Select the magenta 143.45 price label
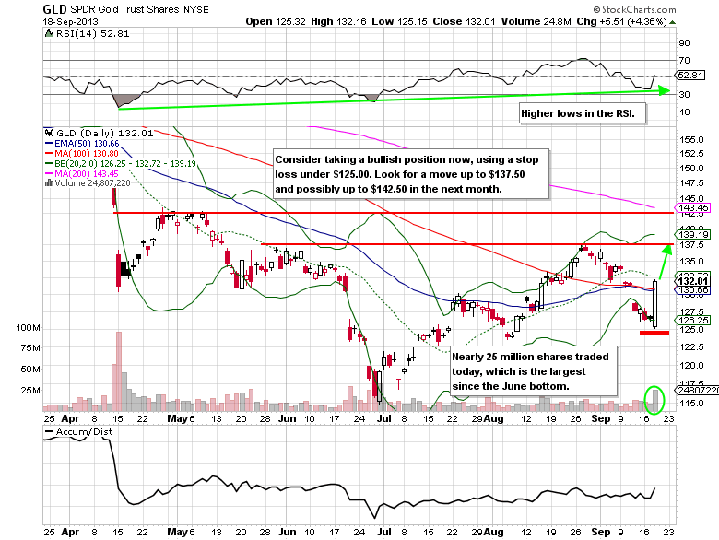click(x=690, y=207)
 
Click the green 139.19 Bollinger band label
click(x=690, y=234)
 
